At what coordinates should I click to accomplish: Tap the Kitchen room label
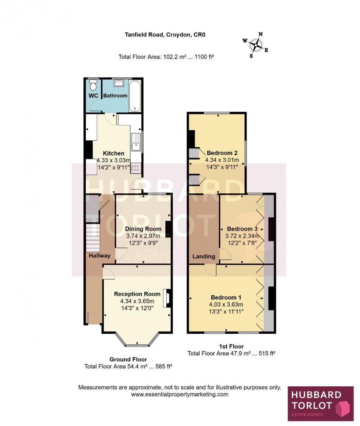coord(113,153)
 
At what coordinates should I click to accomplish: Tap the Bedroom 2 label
coord(222,153)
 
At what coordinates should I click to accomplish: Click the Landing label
coord(204,257)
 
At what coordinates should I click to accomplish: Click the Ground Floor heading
coord(128,359)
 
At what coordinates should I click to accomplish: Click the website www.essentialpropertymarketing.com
coord(180,394)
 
